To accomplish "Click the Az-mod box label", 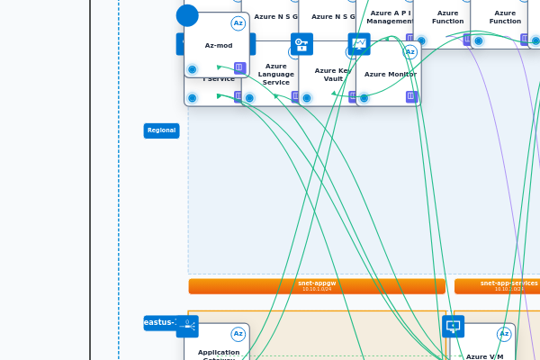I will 219,45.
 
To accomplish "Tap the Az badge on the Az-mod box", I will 238,23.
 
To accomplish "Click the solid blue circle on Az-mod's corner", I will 187,15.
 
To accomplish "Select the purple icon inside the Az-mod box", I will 239,67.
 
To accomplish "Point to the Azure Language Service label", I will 275,74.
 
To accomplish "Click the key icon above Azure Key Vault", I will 301,44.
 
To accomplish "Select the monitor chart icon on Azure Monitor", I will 359,44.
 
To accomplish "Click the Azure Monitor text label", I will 390,74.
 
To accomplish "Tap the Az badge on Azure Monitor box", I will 410,52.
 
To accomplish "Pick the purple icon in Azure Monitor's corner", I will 411,96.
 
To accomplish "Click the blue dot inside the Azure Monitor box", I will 364,97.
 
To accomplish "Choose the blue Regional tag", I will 162,130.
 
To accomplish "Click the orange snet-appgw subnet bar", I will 317,286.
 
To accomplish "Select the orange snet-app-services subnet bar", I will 497,286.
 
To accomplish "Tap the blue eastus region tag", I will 159,322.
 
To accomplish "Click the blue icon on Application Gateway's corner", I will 187,327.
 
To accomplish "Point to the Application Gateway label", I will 219,354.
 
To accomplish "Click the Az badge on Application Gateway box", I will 238,334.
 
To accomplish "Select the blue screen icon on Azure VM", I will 454,327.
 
